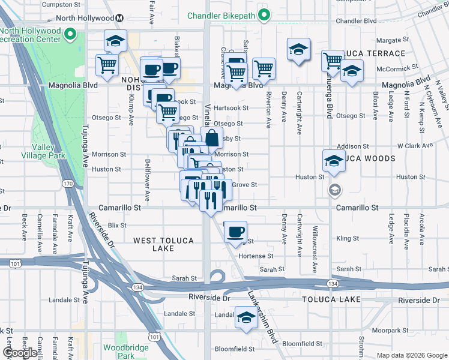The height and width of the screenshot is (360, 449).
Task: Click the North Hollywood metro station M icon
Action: click(x=120, y=19)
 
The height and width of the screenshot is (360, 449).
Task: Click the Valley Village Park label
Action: click(x=43, y=150)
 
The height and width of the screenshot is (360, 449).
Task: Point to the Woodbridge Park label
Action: click(x=118, y=351)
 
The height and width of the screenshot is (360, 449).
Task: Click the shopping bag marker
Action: click(x=212, y=137)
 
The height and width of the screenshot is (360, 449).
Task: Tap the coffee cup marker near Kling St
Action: click(x=236, y=231)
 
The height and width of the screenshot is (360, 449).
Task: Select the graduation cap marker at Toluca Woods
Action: click(x=334, y=160)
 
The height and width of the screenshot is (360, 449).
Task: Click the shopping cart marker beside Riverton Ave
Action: click(x=264, y=68)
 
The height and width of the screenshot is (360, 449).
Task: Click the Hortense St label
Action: click(x=256, y=256)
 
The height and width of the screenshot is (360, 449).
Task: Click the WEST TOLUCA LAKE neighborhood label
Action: click(x=163, y=244)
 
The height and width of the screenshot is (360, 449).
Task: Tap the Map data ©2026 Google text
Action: click(x=411, y=355)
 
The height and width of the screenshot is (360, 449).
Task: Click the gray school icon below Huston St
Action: click(x=334, y=190)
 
